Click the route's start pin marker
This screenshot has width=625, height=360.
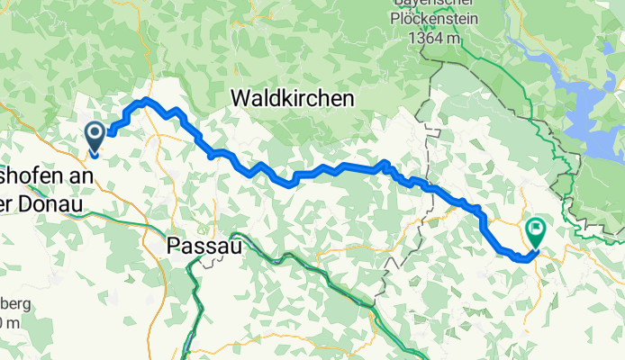click(95, 137)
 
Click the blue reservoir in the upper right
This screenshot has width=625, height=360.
click(576, 85)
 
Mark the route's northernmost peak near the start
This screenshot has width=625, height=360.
click(145, 100)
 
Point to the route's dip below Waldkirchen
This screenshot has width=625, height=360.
click(291, 184)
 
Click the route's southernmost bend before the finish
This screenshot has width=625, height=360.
click(522, 259)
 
